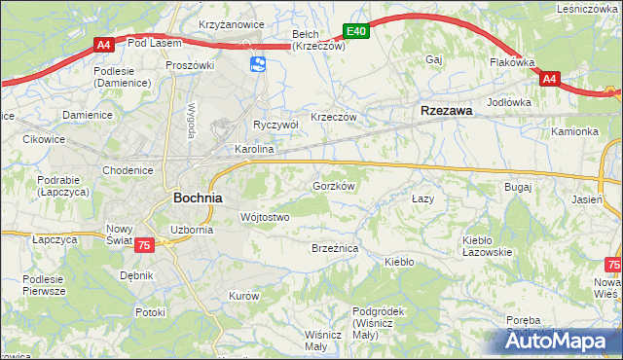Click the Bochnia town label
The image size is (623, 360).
pyautogui.click(x=198, y=197)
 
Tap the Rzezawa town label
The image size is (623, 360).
pyautogui.click(x=446, y=111)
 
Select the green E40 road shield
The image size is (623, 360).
pyautogui.click(x=356, y=31)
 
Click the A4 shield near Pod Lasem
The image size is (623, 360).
pyautogui.click(x=104, y=43)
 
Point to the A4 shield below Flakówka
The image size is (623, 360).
pyautogui.click(x=549, y=79)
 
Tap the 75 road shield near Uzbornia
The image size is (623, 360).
pyautogui.click(x=144, y=247)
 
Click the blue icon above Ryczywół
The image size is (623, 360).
pyautogui.click(x=258, y=64)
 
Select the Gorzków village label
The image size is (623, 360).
pyautogui.click(x=333, y=185)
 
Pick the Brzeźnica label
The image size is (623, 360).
pyautogui.click(x=335, y=249)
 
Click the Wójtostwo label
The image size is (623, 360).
pyautogui.click(x=264, y=217)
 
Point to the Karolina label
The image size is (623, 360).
pyautogui.click(x=254, y=151)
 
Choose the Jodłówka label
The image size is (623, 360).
pyautogui.click(x=508, y=101)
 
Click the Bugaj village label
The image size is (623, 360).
pyautogui.click(x=517, y=185)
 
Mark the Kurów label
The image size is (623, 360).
pyautogui.click(x=242, y=295)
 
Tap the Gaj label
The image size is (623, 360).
pyautogui.click(x=434, y=59)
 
